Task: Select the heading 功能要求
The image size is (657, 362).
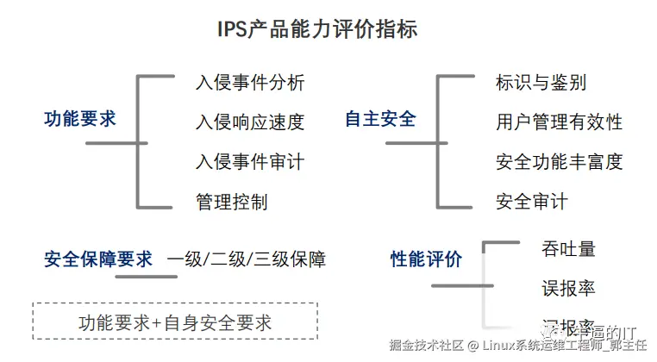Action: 79,119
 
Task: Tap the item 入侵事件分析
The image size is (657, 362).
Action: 250,83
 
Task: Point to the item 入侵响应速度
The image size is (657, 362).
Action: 250,122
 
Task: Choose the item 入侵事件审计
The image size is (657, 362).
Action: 250,161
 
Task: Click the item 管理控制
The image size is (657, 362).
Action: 232,202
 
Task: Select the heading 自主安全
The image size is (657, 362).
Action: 380,119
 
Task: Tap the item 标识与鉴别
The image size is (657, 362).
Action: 541,83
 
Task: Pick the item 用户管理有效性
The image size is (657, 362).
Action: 560,122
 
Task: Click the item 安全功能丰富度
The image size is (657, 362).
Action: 560,161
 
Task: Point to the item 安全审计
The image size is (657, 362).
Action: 532,202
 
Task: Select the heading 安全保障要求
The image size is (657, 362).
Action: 98,259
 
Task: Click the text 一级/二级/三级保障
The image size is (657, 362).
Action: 247,259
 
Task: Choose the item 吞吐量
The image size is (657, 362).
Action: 569,249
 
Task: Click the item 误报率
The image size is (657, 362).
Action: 569,288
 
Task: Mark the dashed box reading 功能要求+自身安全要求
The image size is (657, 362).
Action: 175,322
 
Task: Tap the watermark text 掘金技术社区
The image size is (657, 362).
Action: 426,347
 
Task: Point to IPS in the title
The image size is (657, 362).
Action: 234,29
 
